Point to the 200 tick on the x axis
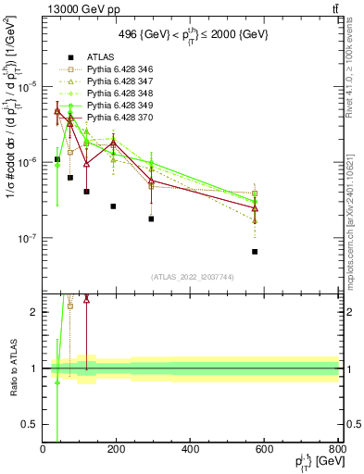tap(117, 450)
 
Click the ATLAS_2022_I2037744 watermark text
tap(191, 277)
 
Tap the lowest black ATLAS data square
tap(255, 252)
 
